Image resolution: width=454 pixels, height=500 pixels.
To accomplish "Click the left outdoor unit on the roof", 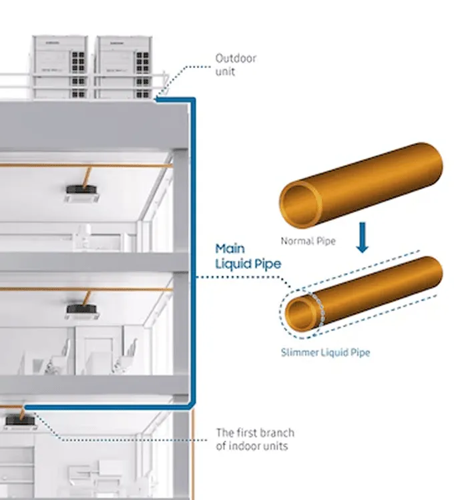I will point(61,66).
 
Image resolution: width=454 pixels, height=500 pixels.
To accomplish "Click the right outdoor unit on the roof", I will point(123,66).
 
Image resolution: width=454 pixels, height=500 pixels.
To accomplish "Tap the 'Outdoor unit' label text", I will point(235,65).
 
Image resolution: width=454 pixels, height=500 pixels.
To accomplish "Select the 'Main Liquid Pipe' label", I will point(248,256).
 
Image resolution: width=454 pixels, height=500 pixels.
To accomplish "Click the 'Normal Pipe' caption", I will point(308,241).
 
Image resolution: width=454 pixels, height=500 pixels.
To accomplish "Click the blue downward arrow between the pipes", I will point(362,238).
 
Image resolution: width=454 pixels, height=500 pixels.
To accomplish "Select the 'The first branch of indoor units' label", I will point(254,439).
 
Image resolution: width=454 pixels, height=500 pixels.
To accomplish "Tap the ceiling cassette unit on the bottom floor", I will point(15,422).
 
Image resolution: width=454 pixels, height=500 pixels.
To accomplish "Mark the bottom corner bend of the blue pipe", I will point(192,405).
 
